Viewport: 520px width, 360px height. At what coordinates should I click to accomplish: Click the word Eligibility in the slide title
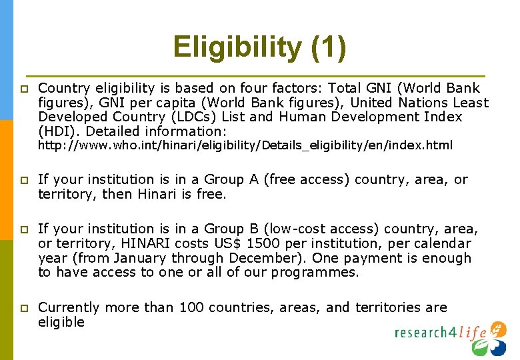(237, 48)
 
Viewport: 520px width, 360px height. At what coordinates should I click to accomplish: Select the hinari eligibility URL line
(245, 145)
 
